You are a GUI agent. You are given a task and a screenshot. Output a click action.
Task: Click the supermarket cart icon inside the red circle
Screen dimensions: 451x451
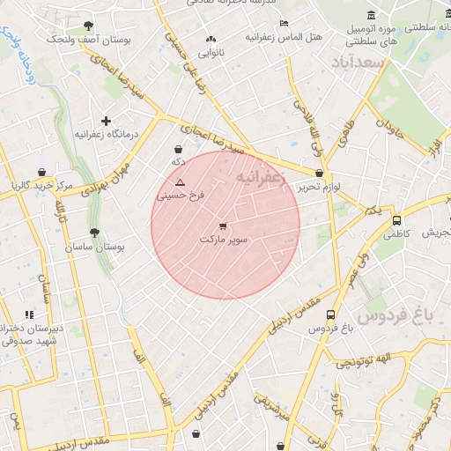click(222, 226)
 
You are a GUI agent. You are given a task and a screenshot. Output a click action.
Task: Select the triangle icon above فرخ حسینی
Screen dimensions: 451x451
click(181, 182)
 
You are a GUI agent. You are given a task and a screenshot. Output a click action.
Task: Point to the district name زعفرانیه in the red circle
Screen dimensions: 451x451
click(262, 177)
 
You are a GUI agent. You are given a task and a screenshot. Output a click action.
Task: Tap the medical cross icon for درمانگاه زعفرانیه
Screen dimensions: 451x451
click(106, 121)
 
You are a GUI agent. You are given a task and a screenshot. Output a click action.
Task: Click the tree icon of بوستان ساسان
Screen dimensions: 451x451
click(94, 233)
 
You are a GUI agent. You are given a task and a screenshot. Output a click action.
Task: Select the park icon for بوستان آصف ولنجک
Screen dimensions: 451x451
click(87, 26)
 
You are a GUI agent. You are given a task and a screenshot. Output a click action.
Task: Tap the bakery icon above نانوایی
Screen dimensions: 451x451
click(210, 40)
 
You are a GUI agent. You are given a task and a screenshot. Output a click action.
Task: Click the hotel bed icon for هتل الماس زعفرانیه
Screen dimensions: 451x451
click(283, 24)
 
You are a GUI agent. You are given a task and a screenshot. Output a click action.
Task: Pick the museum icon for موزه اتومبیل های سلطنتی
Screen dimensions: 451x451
click(370, 15)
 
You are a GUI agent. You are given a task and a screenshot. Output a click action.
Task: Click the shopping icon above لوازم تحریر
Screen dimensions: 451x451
click(318, 174)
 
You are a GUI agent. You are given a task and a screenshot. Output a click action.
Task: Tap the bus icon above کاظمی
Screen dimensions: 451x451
click(396, 221)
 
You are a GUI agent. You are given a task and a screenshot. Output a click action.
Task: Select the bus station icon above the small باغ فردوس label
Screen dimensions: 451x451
click(330, 314)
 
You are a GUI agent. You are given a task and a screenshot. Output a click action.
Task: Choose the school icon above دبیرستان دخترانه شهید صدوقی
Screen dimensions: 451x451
click(29, 314)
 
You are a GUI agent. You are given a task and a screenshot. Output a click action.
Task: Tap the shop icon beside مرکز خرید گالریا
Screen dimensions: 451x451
click(41, 173)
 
